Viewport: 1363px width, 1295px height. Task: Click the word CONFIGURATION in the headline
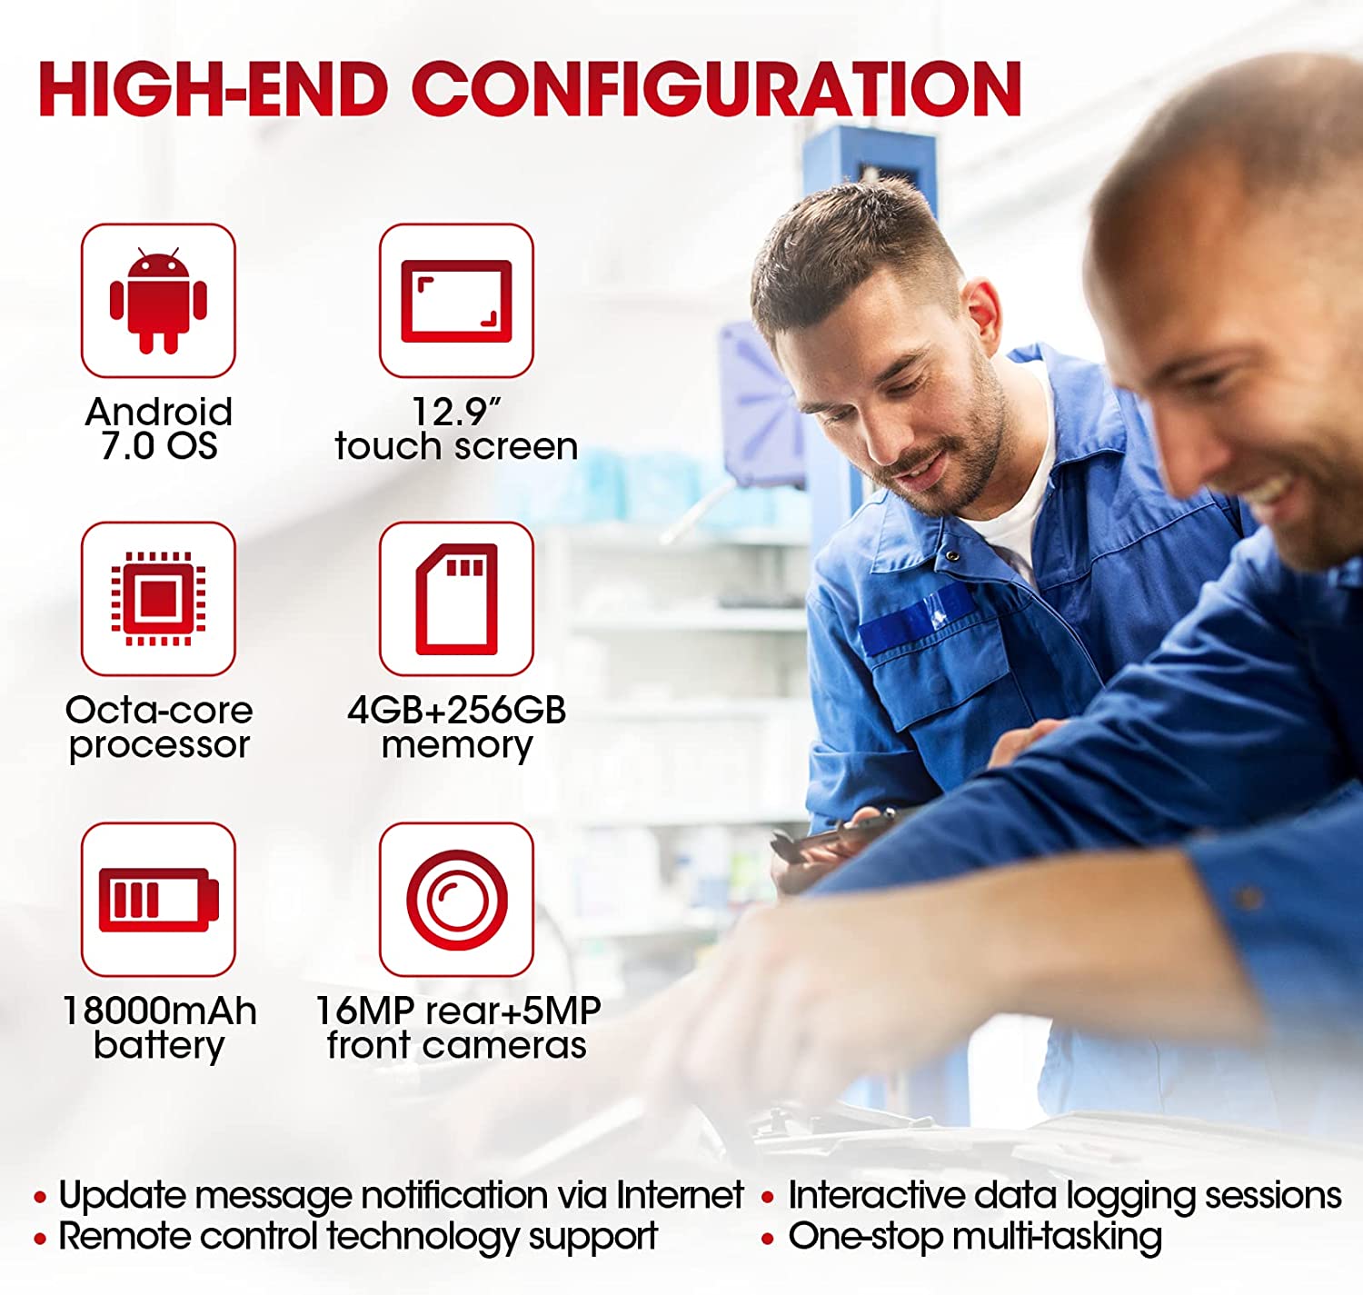point(716,88)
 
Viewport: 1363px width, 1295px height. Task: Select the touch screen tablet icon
point(456,301)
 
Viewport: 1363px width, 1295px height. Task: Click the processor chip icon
point(158,599)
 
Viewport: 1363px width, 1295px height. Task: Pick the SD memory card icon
point(456,599)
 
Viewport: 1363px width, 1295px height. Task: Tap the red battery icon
point(159,900)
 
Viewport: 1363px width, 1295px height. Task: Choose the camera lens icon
point(457,900)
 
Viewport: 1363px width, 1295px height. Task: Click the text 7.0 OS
point(159,446)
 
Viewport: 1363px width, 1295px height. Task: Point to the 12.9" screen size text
point(455,412)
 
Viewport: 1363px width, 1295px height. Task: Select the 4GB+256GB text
point(456,711)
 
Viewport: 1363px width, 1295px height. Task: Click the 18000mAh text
point(159,1011)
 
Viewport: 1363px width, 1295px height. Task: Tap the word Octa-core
point(159,711)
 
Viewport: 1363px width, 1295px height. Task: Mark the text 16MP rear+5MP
point(458,1011)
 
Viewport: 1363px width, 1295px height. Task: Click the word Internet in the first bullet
point(680,1194)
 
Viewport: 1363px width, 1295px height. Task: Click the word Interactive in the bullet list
point(876,1194)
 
